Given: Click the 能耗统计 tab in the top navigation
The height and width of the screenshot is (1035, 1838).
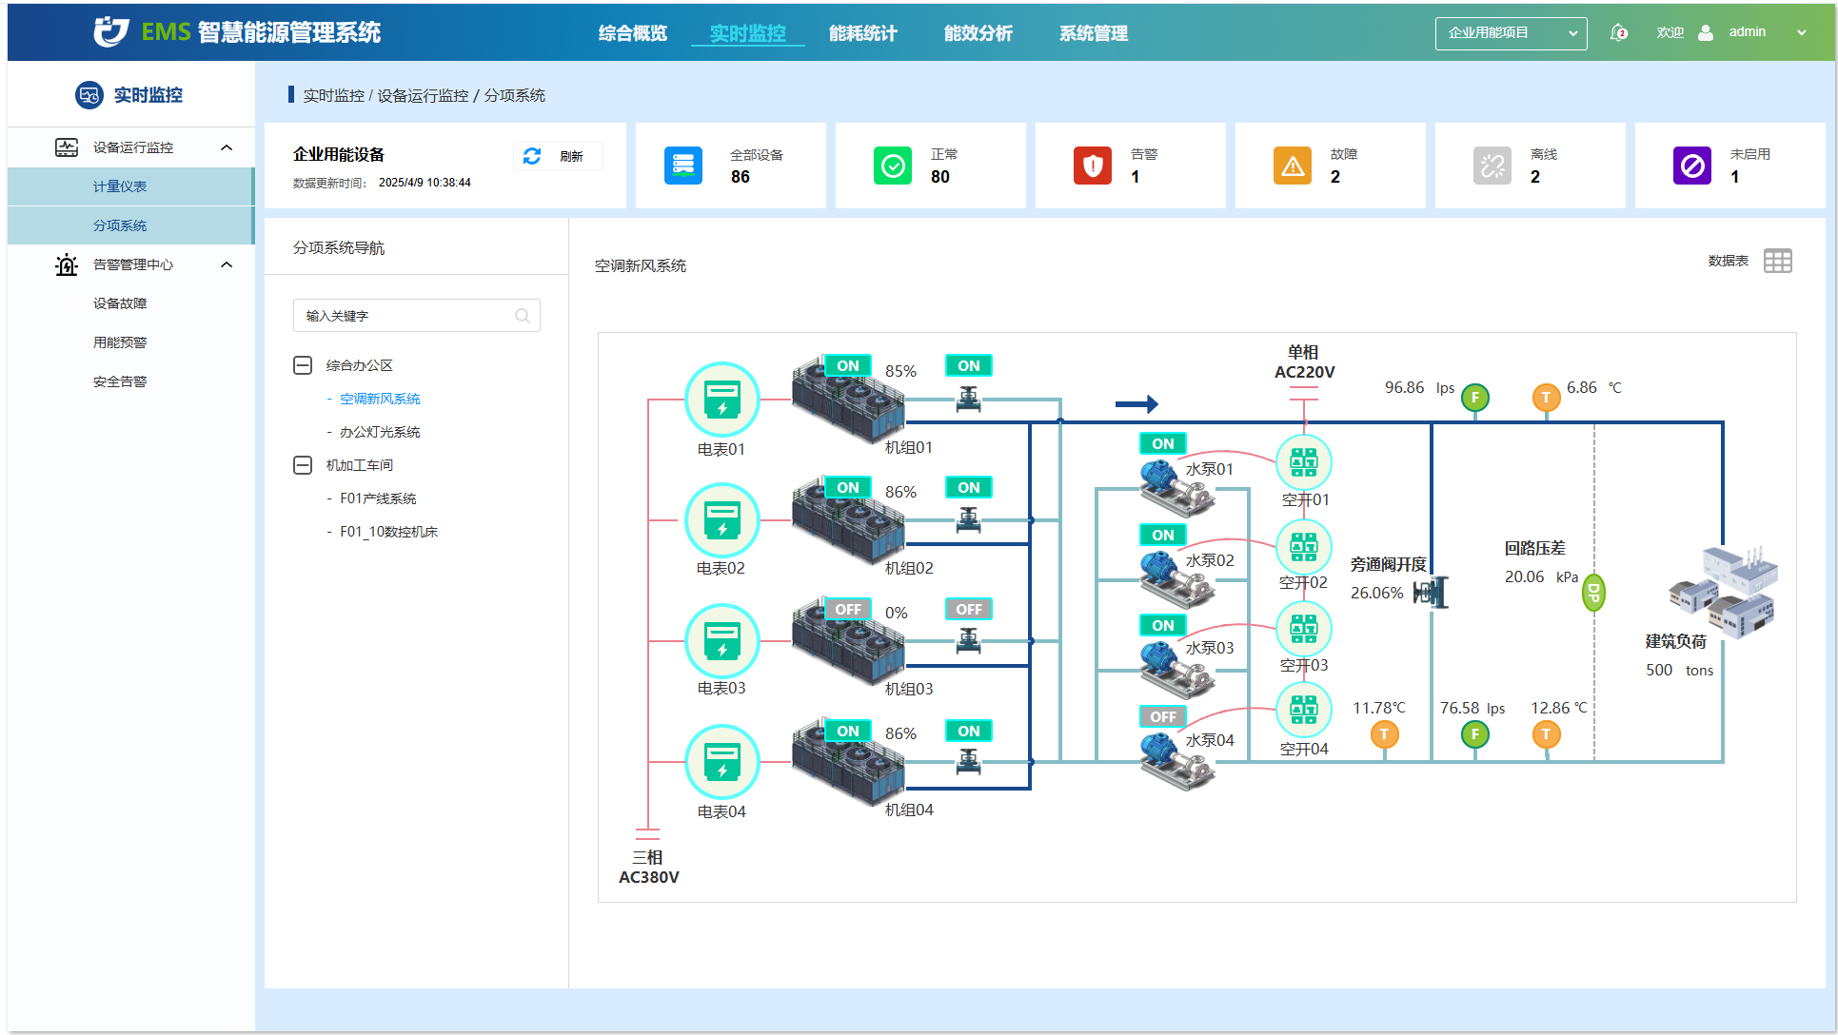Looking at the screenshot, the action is coord(862,33).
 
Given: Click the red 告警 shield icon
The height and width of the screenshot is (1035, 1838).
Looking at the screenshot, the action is coord(1093,166).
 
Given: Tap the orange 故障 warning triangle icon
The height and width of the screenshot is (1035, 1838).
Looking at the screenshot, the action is coord(1293,166).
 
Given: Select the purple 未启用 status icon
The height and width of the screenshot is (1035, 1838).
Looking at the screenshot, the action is coord(1692,166).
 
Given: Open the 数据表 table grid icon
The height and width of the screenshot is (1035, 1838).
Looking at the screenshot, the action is coord(1777,261).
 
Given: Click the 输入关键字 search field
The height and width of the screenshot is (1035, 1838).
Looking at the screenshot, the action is coord(417,316).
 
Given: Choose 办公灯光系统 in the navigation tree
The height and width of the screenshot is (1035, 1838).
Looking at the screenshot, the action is coord(380,432).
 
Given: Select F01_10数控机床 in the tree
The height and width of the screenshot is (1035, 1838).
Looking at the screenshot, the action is coord(389,532).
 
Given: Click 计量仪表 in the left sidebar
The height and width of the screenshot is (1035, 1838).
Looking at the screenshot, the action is coord(120,186).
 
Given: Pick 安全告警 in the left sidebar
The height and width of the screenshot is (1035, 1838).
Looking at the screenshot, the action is coord(120,381).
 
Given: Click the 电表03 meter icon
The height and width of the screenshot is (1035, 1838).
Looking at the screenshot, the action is coord(722,640).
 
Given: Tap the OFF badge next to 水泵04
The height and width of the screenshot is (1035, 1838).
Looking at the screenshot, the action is coord(1163,716).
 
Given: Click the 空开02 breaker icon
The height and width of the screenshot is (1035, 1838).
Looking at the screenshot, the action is coord(1303,546).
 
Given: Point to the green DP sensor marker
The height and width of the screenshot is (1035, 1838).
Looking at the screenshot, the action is coord(1593,593).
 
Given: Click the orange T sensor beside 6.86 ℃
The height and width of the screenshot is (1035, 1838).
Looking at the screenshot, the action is coord(1546,398).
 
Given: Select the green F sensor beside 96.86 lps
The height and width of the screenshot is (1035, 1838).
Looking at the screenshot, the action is coord(1475,398).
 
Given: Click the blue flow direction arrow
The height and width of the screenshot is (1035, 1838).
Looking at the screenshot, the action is coord(1136,404).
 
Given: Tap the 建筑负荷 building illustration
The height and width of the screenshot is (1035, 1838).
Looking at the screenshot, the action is coord(1724,591).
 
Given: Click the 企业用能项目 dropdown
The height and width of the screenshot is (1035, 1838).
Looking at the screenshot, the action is coord(1511,33).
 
